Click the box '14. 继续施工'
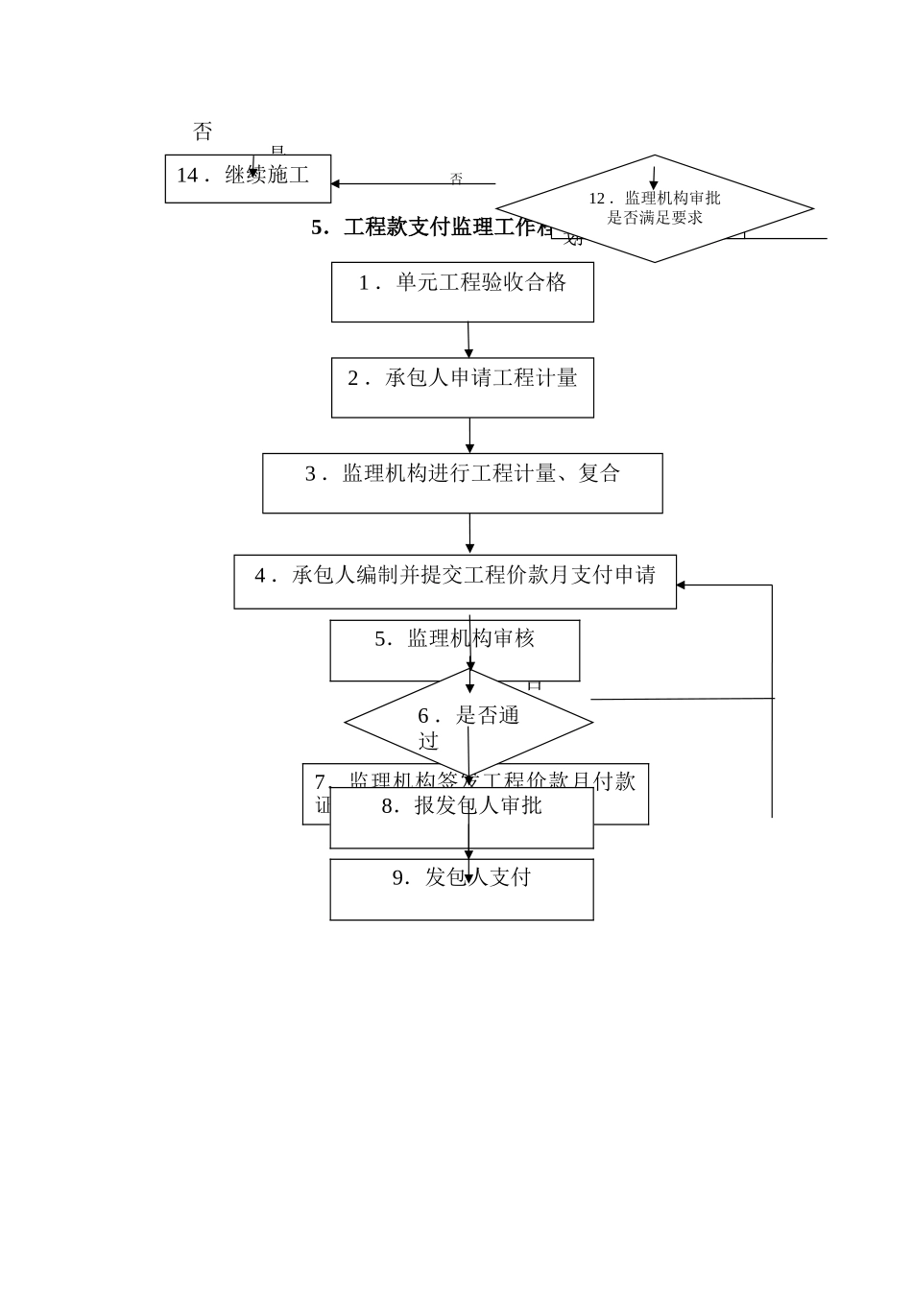(248, 179)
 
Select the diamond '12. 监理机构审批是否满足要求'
(655, 208)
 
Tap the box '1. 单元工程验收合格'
(462, 292)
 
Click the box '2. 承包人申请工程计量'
(462, 388)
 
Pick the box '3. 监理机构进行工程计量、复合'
(462, 483)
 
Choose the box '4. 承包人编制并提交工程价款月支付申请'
(454, 582)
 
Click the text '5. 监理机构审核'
(454, 638)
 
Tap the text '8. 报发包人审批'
(462, 806)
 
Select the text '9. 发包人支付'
(462, 877)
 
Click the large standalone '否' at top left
(203, 131)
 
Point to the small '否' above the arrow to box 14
(456, 179)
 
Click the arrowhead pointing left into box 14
(335, 183)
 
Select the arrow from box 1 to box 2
(468, 340)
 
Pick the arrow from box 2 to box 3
(469, 435)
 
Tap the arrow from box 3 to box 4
(469, 534)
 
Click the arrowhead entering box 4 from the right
(681, 585)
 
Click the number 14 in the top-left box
(187, 175)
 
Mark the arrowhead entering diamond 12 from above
(654, 184)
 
